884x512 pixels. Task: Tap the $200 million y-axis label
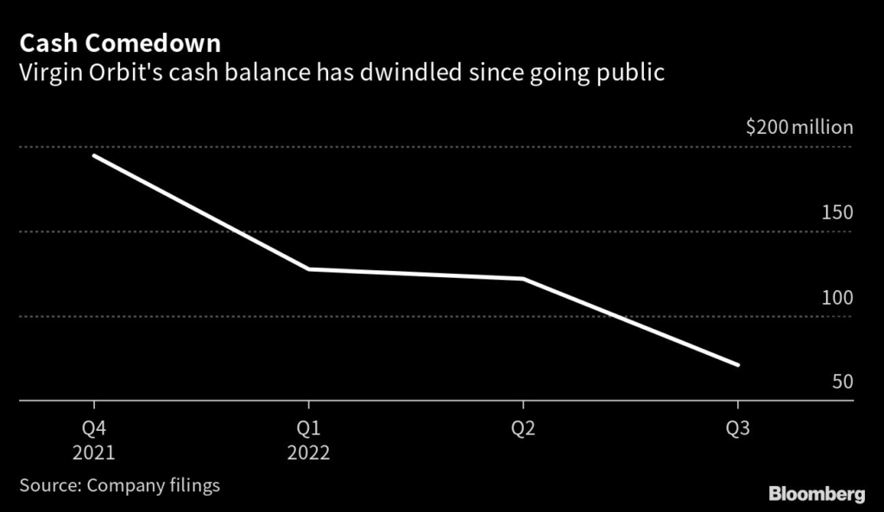pyautogui.click(x=799, y=128)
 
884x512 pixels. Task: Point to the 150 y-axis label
pyautogui.click(x=837, y=212)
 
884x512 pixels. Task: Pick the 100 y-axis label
pyautogui.click(x=837, y=298)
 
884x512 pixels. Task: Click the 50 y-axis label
pyautogui.click(x=842, y=382)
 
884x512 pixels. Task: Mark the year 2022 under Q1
pyautogui.click(x=308, y=453)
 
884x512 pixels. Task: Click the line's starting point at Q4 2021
pyautogui.click(x=93, y=156)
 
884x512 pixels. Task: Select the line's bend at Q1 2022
pyautogui.click(x=308, y=269)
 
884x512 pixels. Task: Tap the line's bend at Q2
pyautogui.click(x=522, y=279)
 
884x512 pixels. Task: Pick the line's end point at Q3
pyautogui.click(x=738, y=364)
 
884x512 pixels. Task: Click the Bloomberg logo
pyautogui.click(x=817, y=494)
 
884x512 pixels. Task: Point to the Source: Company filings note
pyautogui.click(x=119, y=485)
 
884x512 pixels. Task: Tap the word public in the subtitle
pyautogui.click(x=635, y=73)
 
